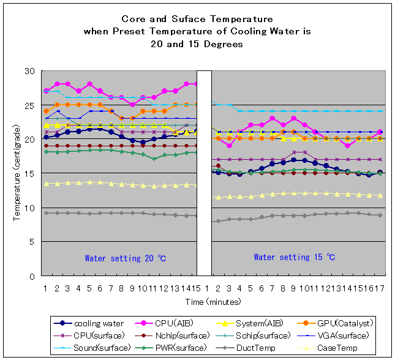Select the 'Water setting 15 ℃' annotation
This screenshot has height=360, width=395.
[x=295, y=258]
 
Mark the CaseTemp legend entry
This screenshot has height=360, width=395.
[x=319, y=347]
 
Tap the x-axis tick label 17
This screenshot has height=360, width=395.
[x=380, y=288]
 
